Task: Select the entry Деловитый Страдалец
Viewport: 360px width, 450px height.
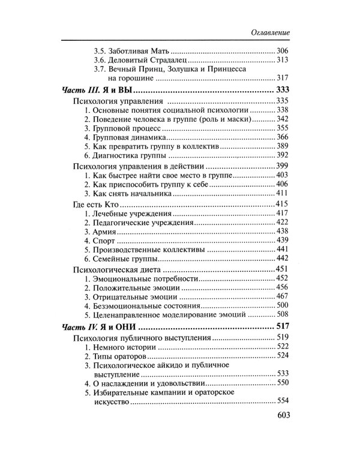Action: click(x=142, y=61)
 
